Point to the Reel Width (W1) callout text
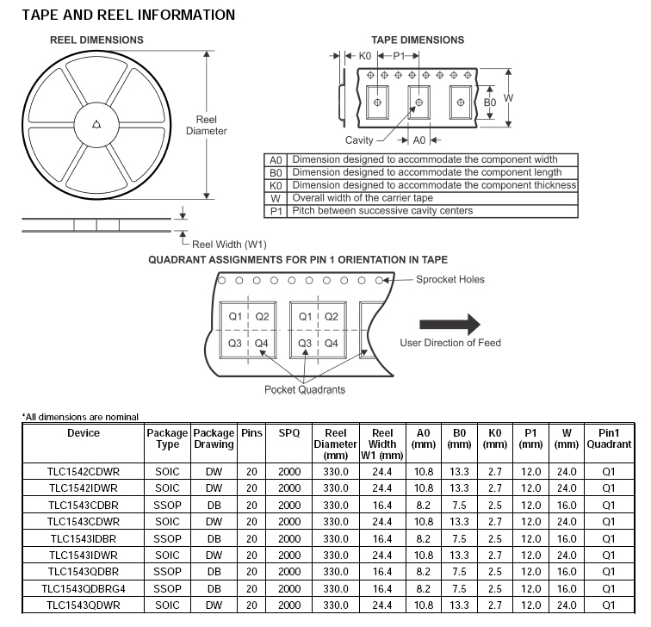click(x=228, y=244)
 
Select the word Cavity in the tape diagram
click(x=359, y=140)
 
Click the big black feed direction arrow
click(x=449, y=324)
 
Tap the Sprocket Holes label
click(x=450, y=279)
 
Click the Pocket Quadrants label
click(x=304, y=390)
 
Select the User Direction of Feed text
click(x=449, y=343)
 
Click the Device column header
click(x=84, y=433)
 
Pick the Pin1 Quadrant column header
click(x=609, y=438)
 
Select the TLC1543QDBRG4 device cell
click(x=84, y=589)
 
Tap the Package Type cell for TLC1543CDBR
click(x=167, y=505)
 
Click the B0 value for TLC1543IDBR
click(x=459, y=538)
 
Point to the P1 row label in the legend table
click(x=276, y=211)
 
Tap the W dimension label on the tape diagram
click(x=508, y=97)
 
